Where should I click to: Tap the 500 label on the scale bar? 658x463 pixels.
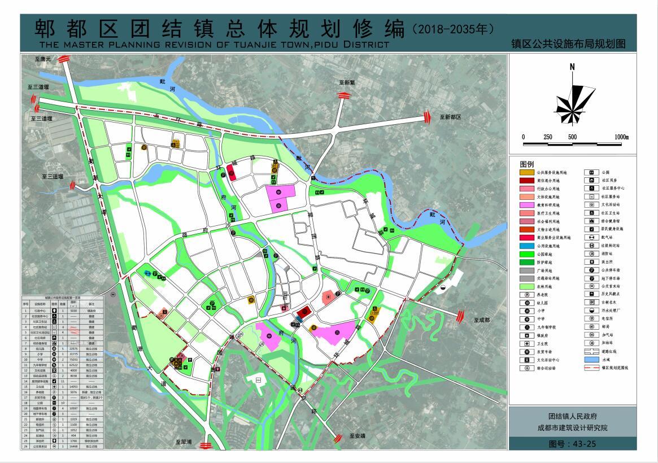[x=572, y=137]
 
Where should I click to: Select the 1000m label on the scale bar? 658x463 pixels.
[x=621, y=137]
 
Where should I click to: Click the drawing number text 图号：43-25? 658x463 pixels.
[x=572, y=444]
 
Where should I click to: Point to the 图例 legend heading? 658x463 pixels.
[x=526, y=163]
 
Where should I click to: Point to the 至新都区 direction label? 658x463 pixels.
[x=449, y=117]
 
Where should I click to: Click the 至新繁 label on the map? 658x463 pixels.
[x=347, y=82]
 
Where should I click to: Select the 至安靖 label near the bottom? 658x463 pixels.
[x=358, y=436]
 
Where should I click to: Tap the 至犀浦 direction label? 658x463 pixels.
[x=184, y=442]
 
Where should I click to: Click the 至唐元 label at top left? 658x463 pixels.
[x=42, y=59]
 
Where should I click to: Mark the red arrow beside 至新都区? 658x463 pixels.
[x=428, y=117]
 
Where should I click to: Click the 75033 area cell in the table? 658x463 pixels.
[x=73, y=359]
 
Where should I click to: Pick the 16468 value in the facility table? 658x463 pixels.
[x=73, y=446]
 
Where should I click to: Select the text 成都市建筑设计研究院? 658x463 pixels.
[x=572, y=427]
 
